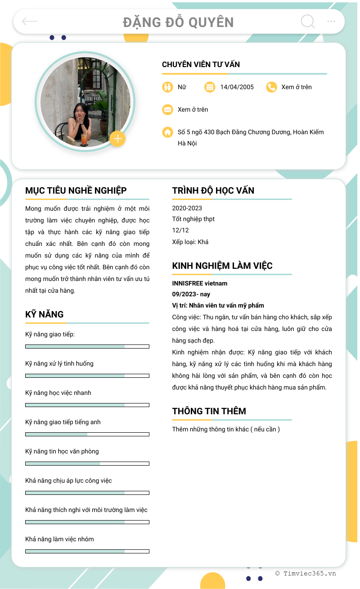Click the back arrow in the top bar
30,21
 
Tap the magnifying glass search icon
307,21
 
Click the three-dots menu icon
331,21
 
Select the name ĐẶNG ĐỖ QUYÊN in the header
178,22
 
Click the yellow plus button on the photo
117,139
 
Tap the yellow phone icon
271,87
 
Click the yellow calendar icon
210,87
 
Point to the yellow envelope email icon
167,109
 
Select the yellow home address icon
167,132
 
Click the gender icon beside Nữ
167,87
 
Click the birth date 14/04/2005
237,87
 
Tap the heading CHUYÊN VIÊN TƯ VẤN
201,64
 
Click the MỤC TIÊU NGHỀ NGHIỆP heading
76,190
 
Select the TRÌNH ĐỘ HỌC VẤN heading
213,190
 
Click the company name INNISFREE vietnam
199,283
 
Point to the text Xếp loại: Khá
190,242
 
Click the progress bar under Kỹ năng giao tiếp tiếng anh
87,434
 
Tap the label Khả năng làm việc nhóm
59,539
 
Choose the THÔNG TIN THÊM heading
209,411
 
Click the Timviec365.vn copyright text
306,573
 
